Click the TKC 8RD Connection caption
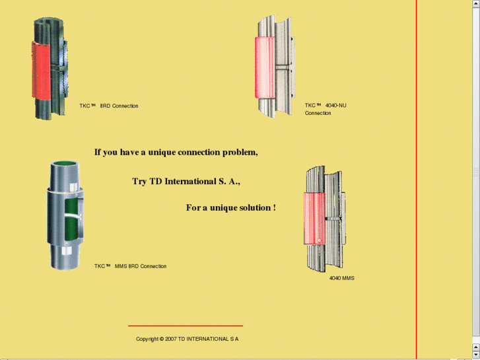[109, 106]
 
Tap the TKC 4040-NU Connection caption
[326, 109]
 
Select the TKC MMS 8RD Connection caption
[131, 266]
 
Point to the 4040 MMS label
[341, 278]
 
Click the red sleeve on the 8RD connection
[41, 71]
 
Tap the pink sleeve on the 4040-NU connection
[265, 67]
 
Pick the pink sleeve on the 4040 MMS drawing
[314, 219]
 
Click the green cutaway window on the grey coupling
[71, 219]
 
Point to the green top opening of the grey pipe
[65, 164]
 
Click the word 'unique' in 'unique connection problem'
[162, 153]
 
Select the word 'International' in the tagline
[190, 182]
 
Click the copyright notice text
[187, 339]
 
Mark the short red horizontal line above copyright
[186, 326]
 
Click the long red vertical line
[417, 180]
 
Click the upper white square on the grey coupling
[73, 187]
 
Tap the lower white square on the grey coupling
[67, 250]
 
